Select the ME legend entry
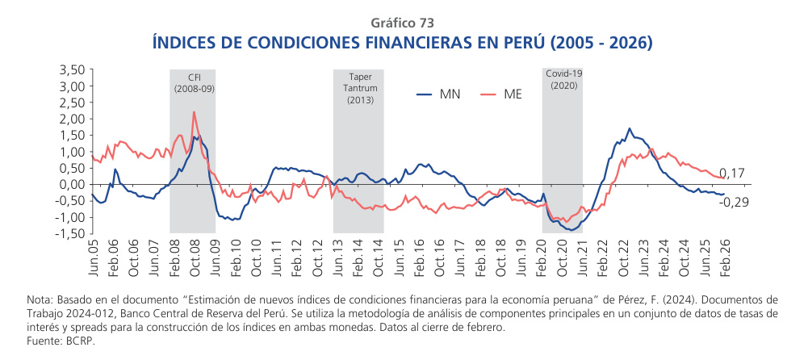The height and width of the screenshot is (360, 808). tap(512, 94)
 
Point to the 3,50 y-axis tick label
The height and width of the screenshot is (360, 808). tap(73, 70)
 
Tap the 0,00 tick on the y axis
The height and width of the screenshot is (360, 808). tap(73, 184)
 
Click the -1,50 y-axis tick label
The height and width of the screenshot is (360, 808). tap(71, 233)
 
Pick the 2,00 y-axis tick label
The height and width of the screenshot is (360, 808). tap(73, 119)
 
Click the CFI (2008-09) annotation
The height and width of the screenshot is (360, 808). tap(194, 82)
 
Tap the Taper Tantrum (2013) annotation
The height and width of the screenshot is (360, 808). tap(359, 88)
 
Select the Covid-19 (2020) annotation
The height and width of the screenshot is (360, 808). tap(563, 79)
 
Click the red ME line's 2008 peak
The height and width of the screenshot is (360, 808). tap(194, 112)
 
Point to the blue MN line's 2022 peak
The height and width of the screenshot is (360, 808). tap(630, 128)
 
